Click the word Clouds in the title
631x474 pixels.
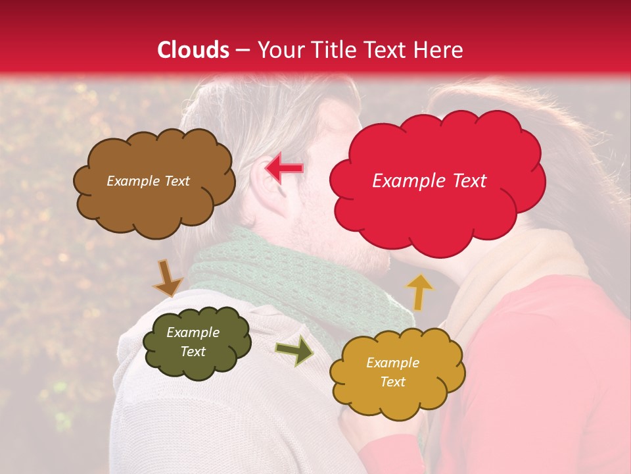coord(193,50)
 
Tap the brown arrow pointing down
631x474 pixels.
coord(168,278)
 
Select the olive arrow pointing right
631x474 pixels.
coord(294,350)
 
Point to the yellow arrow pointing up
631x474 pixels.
coord(419,292)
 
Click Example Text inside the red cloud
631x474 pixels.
coord(429,181)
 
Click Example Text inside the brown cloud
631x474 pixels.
coord(148,181)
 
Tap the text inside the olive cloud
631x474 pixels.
coord(193,342)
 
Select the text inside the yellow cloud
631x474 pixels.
coord(392,372)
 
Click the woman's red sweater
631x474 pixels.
coord(546,369)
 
